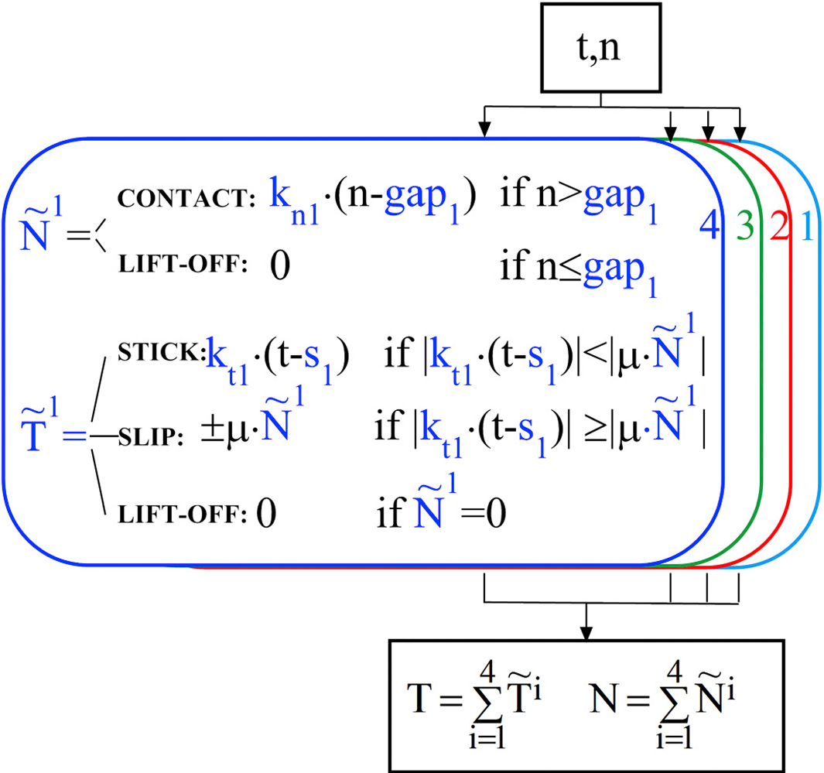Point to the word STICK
(x=160, y=353)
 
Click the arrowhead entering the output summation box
(x=586, y=633)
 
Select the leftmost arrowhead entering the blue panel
(x=484, y=132)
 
